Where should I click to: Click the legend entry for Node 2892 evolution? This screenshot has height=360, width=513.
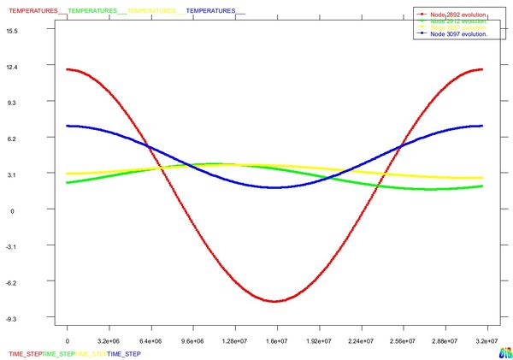pyautogui.click(x=457, y=14)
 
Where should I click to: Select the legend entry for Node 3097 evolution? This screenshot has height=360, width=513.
pyautogui.click(x=457, y=34)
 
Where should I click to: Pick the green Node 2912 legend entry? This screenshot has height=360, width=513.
pyautogui.click(x=457, y=21)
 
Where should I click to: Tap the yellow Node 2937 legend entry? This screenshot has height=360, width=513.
pyautogui.click(x=457, y=27)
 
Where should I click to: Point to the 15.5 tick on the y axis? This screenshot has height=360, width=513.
pyautogui.click(x=35, y=30)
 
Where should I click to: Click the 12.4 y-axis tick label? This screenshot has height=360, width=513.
pyautogui.click(x=35, y=66)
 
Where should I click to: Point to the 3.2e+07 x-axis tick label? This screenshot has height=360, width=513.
pyautogui.click(x=486, y=340)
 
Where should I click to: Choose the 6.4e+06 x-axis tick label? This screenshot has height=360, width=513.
pyautogui.click(x=151, y=340)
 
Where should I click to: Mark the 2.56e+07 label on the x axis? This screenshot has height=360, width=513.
pyautogui.click(x=402, y=340)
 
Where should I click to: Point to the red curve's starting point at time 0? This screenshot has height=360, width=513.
pyautogui.click(x=68, y=69)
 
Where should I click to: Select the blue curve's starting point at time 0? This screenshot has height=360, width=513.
pyautogui.click(x=68, y=126)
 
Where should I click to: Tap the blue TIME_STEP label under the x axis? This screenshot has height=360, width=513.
pyautogui.click(x=124, y=353)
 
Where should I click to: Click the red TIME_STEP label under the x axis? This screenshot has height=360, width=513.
pyautogui.click(x=25, y=353)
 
